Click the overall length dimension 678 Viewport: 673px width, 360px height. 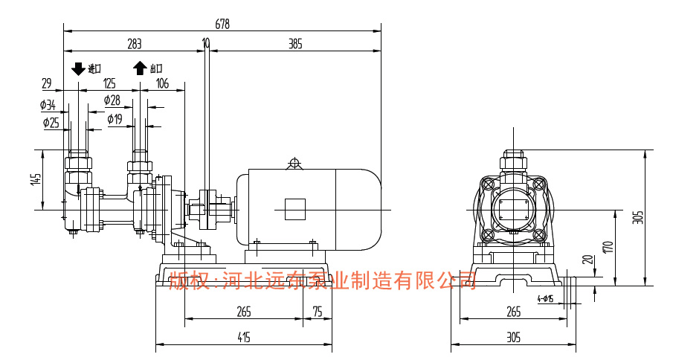tap(222, 24)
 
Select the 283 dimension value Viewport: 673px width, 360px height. tap(134, 44)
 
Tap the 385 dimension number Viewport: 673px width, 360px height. tap(295, 44)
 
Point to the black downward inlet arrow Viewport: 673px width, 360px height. tap(78, 68)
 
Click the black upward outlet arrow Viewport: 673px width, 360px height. tap(140, 68)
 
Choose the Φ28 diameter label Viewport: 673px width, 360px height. tap(112, 100)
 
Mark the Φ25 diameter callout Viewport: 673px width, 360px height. tap(51, 122)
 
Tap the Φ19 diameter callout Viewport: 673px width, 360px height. tap(115, 118)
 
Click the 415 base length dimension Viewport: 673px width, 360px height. tap(243, 337)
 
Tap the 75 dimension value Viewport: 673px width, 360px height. tap(318, 312)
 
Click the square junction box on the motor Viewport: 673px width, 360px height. tap(295, 209)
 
